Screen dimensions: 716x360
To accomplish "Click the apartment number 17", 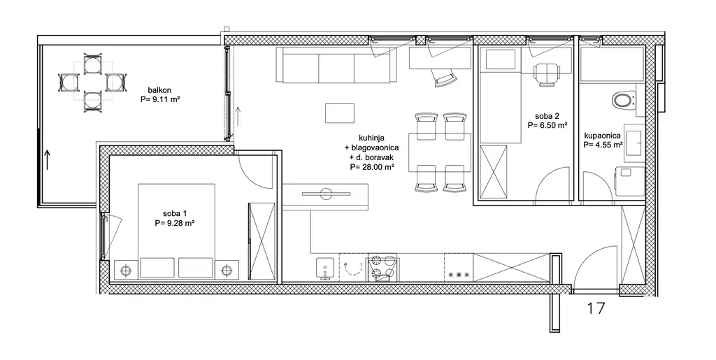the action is click(x=596, y=308).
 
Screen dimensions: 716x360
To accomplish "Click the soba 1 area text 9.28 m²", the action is click(x=175, y=223).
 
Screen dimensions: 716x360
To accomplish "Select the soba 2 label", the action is click(x=544, y=116).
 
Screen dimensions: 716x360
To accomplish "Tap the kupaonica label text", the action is click(x=602, y=136).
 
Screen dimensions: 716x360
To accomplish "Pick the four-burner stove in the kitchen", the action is click(x=382, y=268).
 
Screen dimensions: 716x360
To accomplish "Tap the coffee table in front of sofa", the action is click(x=340, y=113).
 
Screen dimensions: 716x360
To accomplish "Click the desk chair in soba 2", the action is click(x=547, y=74).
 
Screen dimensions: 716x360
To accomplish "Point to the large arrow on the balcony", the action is click(x=48, y=161).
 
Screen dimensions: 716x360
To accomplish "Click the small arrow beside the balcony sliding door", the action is click(x=238, y=117).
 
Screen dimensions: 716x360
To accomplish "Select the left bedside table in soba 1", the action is click(x=125, y=270).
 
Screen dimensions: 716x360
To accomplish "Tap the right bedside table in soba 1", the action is click(x=227, y=270).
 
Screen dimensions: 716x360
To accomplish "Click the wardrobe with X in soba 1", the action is click(x=262, y=241).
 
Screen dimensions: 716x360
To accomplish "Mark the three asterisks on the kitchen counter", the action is click(x=458, y=275).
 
